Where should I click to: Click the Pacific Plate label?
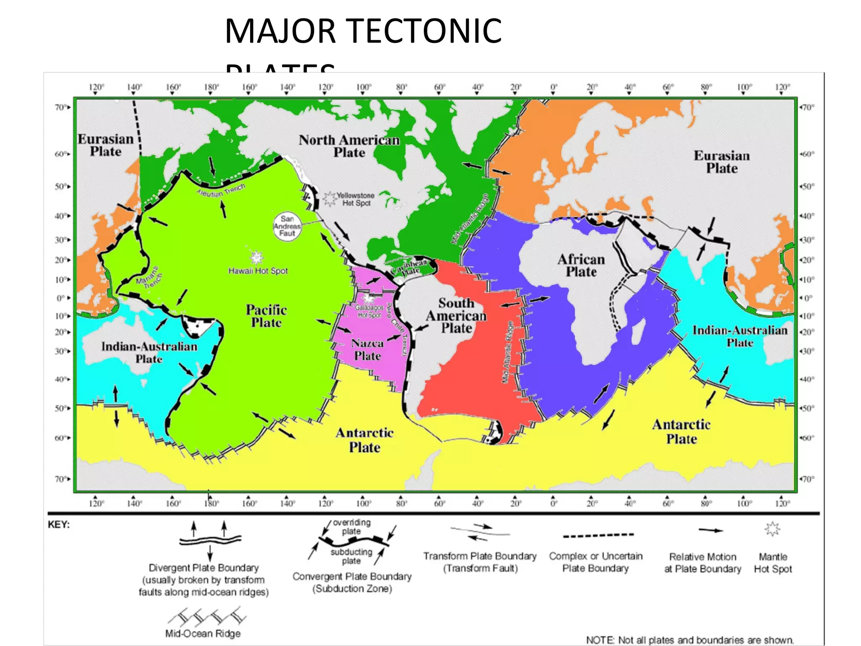coord(266,316)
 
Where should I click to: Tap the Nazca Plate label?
coord(367,349)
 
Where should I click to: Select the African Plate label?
coord(581,265)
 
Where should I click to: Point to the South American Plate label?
coord(456,315)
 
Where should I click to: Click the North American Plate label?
coord(349,146)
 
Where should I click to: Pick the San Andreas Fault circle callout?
coord(287,226)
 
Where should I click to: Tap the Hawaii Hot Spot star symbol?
coord(256,257)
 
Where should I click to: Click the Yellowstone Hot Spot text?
coord(356,199)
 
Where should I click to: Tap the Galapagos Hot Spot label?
coord(369,311)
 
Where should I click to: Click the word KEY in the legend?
coord(59,525)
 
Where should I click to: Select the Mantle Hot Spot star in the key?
coord(772,529)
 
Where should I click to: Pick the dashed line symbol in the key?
coord(598,536)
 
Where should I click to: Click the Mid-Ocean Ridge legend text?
coord(203,633)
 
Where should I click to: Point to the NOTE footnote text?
coord(689,640)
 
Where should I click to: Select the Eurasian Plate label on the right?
coord(721,162)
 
